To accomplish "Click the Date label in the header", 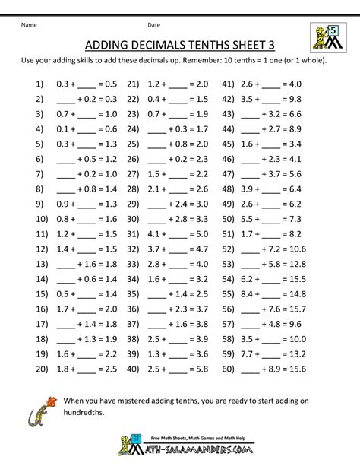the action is coord(154,25).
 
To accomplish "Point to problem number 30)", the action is coord(134,219).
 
